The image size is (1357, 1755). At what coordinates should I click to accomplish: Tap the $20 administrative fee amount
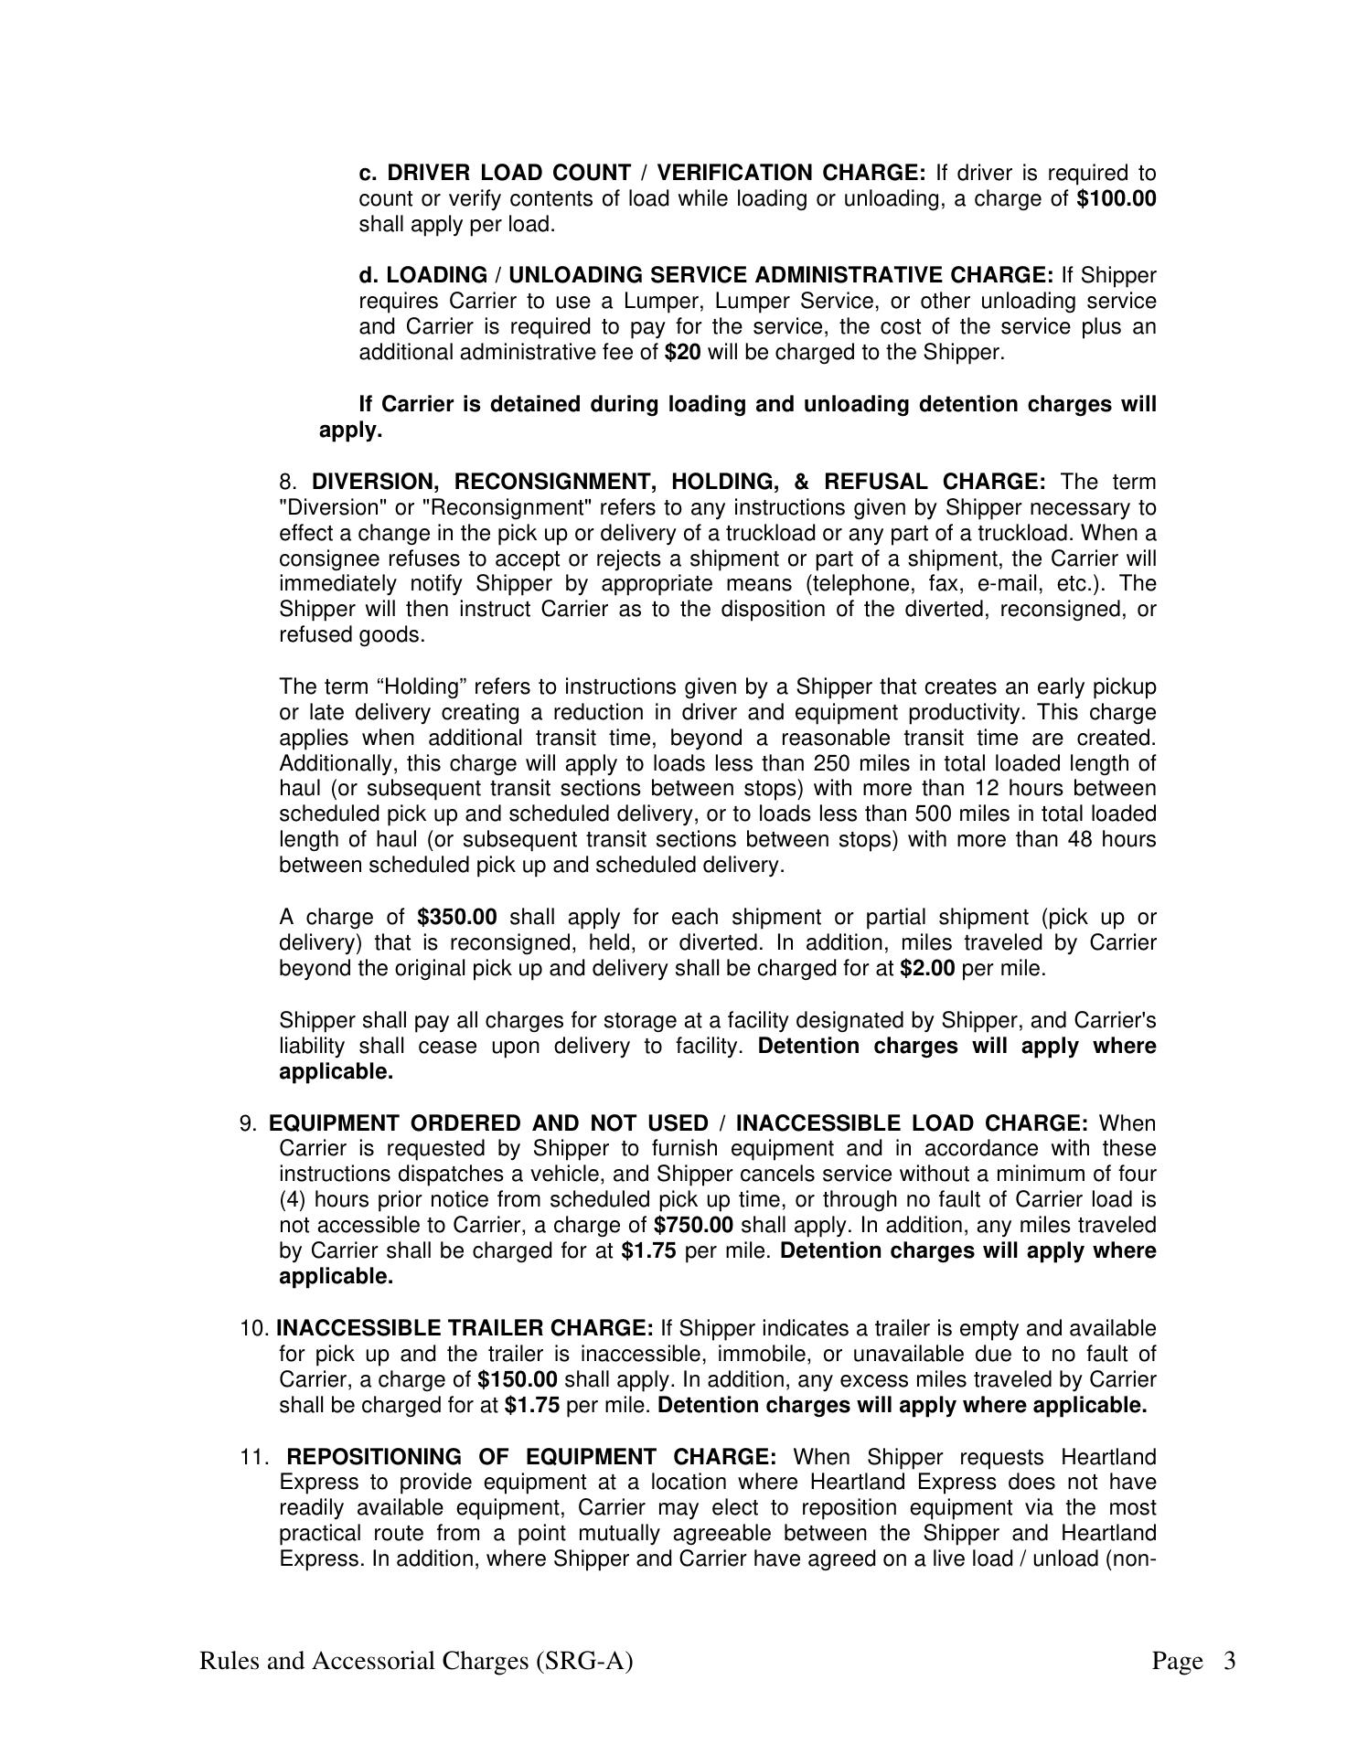tap(683, 353)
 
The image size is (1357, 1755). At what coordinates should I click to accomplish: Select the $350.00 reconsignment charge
tap(456, 918)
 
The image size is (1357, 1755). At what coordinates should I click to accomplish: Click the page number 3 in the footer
tap(1229, 1661)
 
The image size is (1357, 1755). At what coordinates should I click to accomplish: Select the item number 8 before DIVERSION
tap(289, 483)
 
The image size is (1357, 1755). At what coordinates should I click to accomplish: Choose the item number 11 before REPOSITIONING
tap(252, 1457)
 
